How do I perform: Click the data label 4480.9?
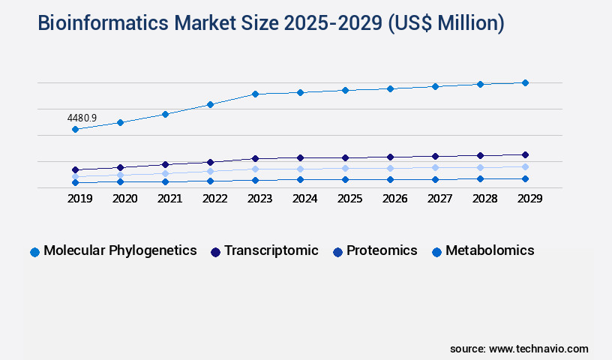point(82,118)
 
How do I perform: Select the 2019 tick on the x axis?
point(75,199)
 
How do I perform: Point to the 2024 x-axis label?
point(304,199)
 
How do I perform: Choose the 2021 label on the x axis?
point(169,199)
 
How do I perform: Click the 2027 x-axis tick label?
point(439,199)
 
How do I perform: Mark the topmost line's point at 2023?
point(255,94)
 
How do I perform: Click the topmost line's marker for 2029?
point(525,82)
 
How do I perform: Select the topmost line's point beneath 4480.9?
point(75,129)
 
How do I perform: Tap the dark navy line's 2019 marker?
point(75,169)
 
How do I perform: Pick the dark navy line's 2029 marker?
point(525,154)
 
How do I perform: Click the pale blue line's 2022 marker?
point(210,171)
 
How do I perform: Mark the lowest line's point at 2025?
point(345,179)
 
